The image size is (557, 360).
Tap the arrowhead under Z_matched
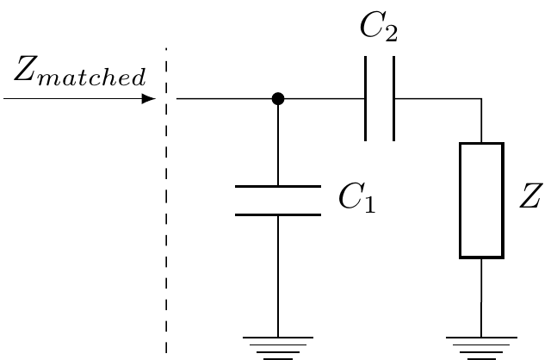[x=149, y=99]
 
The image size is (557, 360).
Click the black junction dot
[x=277, y=99]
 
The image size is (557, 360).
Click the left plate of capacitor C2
[x=366, y=99]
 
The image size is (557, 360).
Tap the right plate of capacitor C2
[x=394, y=99]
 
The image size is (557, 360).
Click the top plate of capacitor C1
[x=277, y=186]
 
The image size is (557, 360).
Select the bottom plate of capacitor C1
[x=277, y=213]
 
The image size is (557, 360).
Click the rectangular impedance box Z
[x=481, y=200]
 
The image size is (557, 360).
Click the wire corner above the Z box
[x=481, y=100]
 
